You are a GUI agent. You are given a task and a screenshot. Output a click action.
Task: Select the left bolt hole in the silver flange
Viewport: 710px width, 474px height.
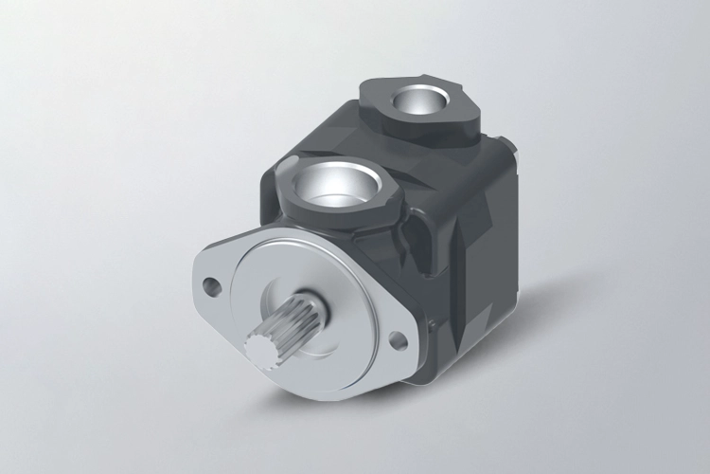click(211, 282)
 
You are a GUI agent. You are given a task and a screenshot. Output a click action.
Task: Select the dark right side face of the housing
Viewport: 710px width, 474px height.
click(473, 265)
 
